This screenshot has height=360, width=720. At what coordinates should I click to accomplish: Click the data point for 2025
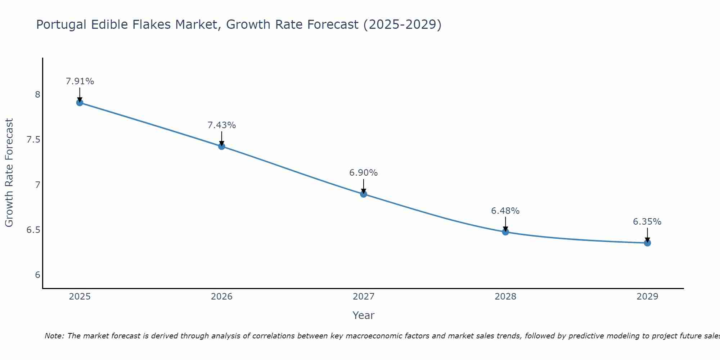80,103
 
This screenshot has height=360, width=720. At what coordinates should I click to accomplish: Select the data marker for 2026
222,146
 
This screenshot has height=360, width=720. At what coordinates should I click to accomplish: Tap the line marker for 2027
364,194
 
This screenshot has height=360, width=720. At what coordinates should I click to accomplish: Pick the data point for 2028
505,232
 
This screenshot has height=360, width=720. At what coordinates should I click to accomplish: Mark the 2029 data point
647,243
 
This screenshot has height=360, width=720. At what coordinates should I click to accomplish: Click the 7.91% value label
80,81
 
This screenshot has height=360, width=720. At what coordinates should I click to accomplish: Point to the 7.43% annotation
222,125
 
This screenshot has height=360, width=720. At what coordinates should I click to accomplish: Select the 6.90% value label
364,173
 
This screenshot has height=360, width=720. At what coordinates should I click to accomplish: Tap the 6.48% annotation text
505,211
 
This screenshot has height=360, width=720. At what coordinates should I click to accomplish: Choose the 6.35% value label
647,222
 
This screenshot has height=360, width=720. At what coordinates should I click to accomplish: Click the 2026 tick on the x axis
222,297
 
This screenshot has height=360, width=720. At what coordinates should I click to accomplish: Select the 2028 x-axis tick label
505,297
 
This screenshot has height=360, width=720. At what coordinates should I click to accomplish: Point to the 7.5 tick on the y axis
33,140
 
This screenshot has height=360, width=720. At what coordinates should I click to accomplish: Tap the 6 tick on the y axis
38,275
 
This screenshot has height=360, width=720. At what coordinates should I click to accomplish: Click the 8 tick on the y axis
38,95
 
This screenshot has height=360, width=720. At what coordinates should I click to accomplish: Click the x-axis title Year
364,315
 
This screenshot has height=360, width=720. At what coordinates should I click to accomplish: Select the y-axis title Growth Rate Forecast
9,173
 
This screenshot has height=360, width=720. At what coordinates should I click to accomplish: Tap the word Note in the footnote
54,336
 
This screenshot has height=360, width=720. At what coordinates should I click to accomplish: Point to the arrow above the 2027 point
364,186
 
